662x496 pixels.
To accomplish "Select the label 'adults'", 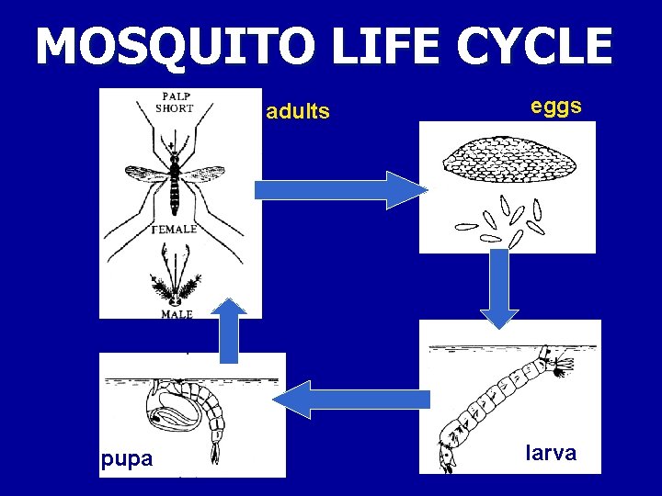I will pyautogui.click(x=297, y=112).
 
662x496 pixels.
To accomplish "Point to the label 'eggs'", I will pyautogui.click(x=555, y=106).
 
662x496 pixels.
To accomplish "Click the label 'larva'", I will pyautogui.click(x=551, y=453).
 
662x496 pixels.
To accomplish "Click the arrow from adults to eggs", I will pyautogui.click(x=335, y=190).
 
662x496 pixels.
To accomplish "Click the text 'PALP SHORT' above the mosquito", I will pyautogui.click(x=175, y=101).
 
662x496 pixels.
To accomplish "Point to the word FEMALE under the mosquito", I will pyautogui.click(x=174, y=230).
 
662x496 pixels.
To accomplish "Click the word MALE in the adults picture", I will pyautogui.click(x=177, y=313).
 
